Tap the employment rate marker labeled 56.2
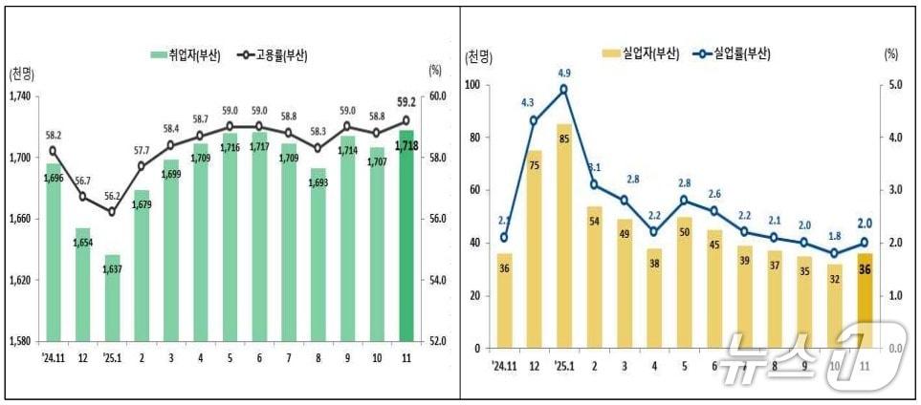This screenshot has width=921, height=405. pyautogui.click(x=111, y=211)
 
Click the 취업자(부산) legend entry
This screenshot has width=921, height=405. pyautogui.click(x=186, y=55)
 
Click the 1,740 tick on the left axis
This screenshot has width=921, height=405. pyautogui.click(x=20, y=96)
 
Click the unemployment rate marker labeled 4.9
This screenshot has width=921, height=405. pyautogui.click(x=563, y=89)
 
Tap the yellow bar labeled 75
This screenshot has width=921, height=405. pyautogui.click(x=534, y=248)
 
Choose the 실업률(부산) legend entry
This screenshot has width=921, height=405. pyautogui.click(x=731, y=53)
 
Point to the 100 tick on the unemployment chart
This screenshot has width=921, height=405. pyautogui.click(x=473, y=85)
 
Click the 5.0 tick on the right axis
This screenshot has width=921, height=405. pyautogui.click(x=894, y=85)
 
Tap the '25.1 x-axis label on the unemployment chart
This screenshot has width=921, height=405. pyautogui.click(x=562, y=365)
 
